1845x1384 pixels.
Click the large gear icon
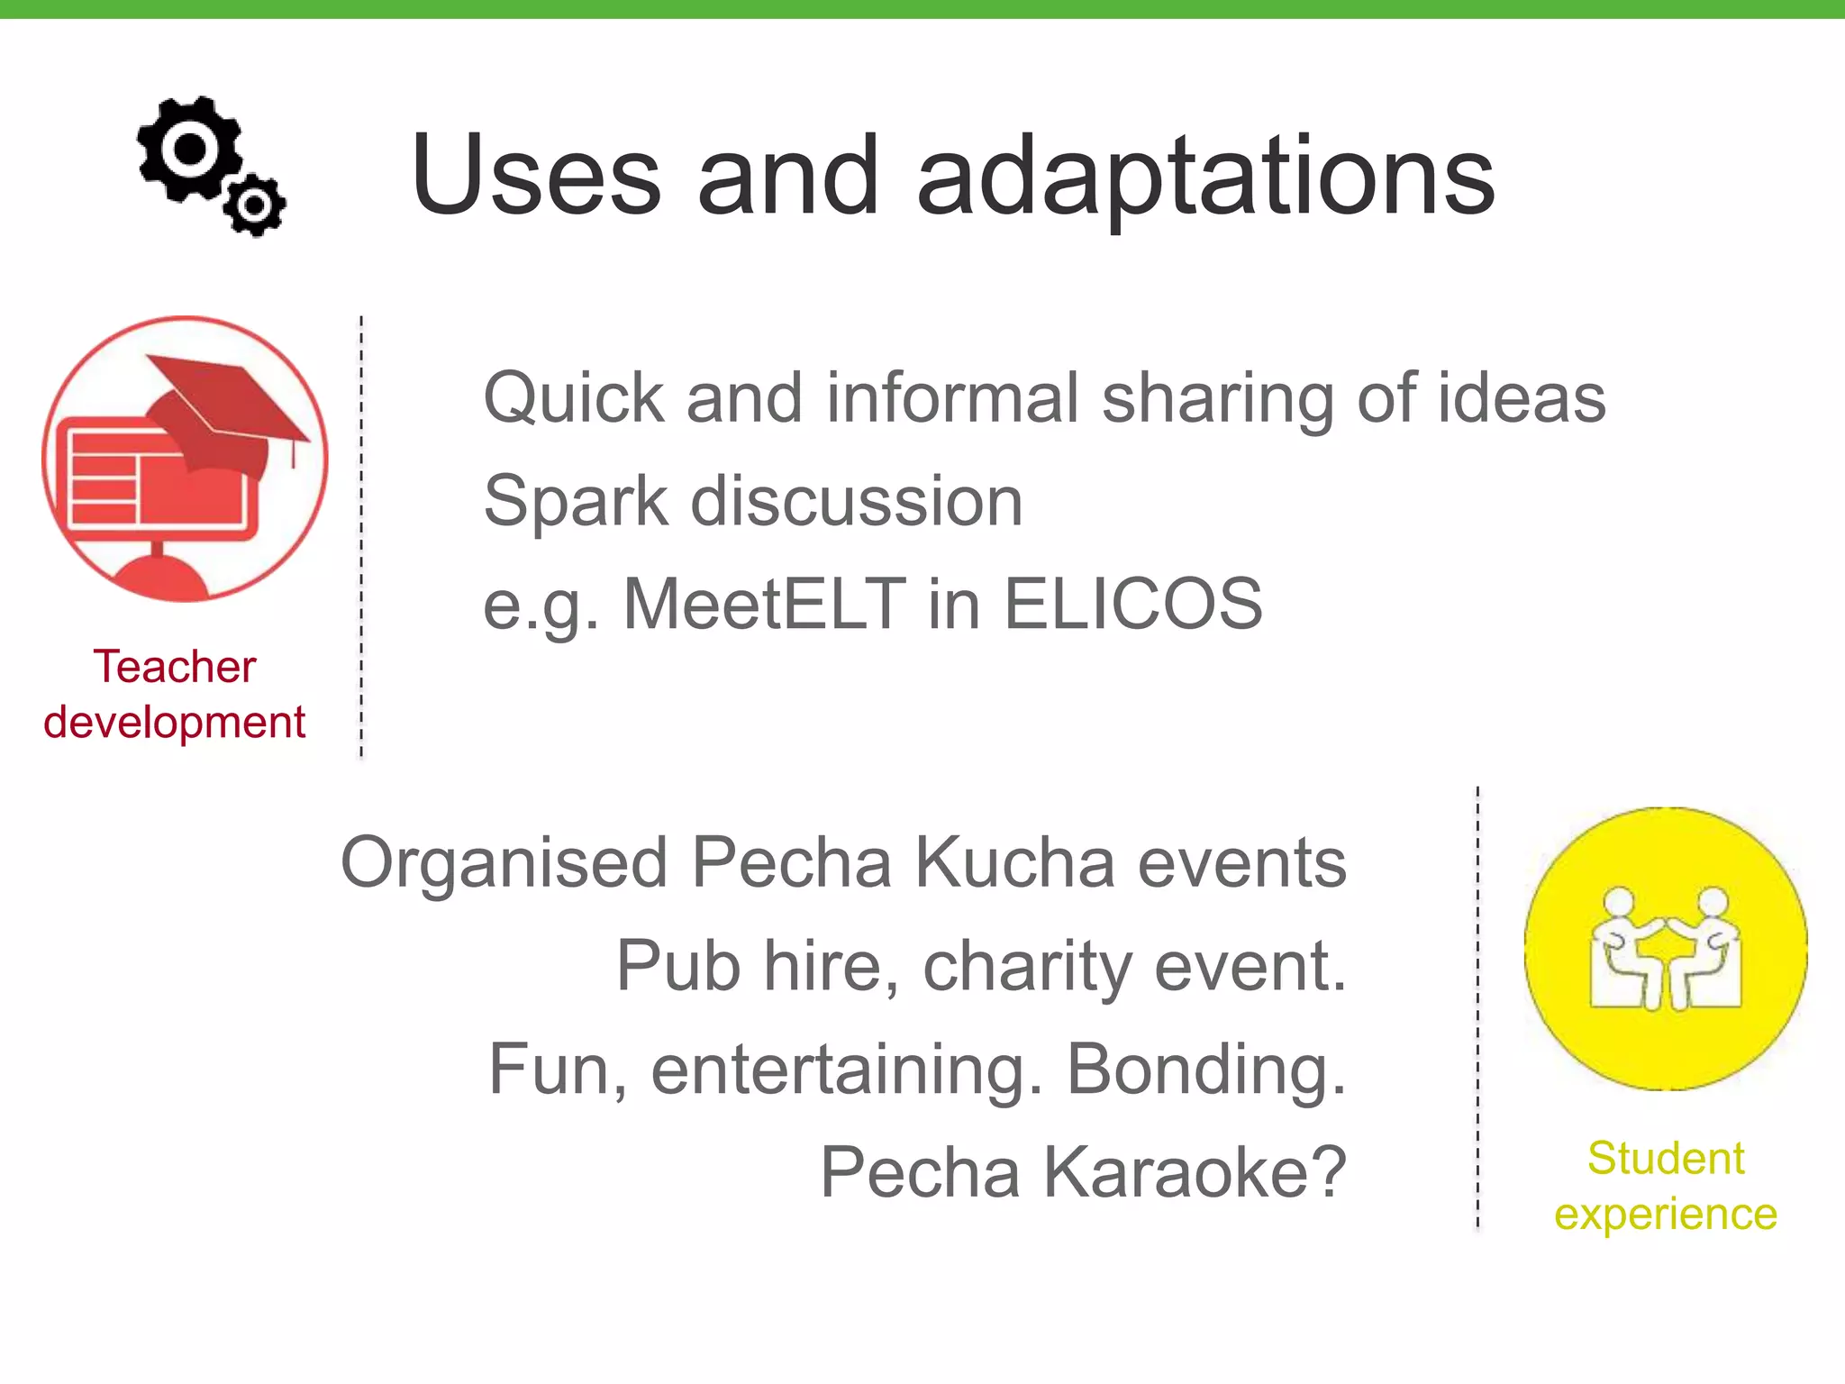pyautogui.click(x=190, y=149)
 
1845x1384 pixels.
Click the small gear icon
pyautogui.click(x=255, y=205)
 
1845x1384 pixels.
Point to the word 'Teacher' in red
pyautogui.click(x=175, y=668)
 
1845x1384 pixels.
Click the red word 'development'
pyautogui.click(x=175, y=723)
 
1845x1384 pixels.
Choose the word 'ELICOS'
pyautogui.click(x=1132, y=604)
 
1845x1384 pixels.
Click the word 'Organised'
pyautogui.click(x=504, y=863)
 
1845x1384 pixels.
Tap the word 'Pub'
pyautogui.click(x=677, y=966)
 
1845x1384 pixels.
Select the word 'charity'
pyautogui.click(x=1027, y=966)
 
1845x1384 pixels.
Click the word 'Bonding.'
pyautogui.click(x=1206, y=1070)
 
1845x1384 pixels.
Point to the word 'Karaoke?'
pyautogui.click(x=1195, y=1172)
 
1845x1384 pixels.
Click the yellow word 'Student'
pyautogui.click(x=1666, y=1159)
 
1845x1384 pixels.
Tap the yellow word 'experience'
pyautogui.click(x=1666, y=1215)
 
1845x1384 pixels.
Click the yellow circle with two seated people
pyautogui.click(x=1666, y=948)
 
